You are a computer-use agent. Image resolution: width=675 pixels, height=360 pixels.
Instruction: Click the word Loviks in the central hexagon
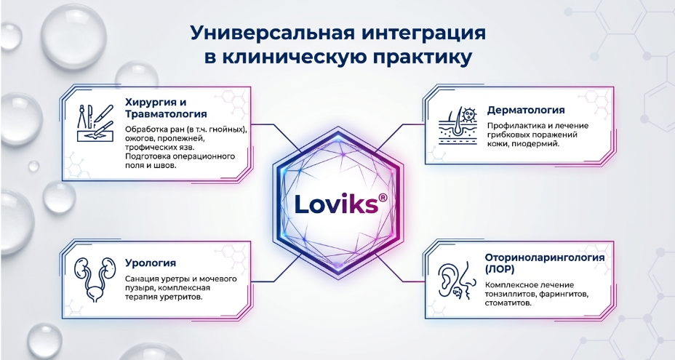pyautogui.click(x=336, y=204)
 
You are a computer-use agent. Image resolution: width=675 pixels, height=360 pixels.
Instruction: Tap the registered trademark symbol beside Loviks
pyautogui.click(x=383, y=197)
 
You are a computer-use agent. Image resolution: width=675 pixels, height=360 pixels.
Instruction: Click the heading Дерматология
pyautogui.click(x=526, y=111)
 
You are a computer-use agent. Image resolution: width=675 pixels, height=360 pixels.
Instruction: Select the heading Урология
pyautogui.click(x=151, y=263)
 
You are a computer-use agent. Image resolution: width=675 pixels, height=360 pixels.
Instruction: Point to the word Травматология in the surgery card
pyautogui.click(x=166, y=114)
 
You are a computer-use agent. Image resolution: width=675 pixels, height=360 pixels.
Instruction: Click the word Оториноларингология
pyautogui.click(x=545, y=257)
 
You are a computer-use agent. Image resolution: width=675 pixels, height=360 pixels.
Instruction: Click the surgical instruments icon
pyautogui.click(x=95, y=123)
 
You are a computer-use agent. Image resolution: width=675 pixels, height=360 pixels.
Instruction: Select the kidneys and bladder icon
pyautogui.click(x=95, y=280)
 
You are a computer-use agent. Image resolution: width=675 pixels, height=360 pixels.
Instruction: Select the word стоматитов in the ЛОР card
pyautogui.click(x=508, y=303)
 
